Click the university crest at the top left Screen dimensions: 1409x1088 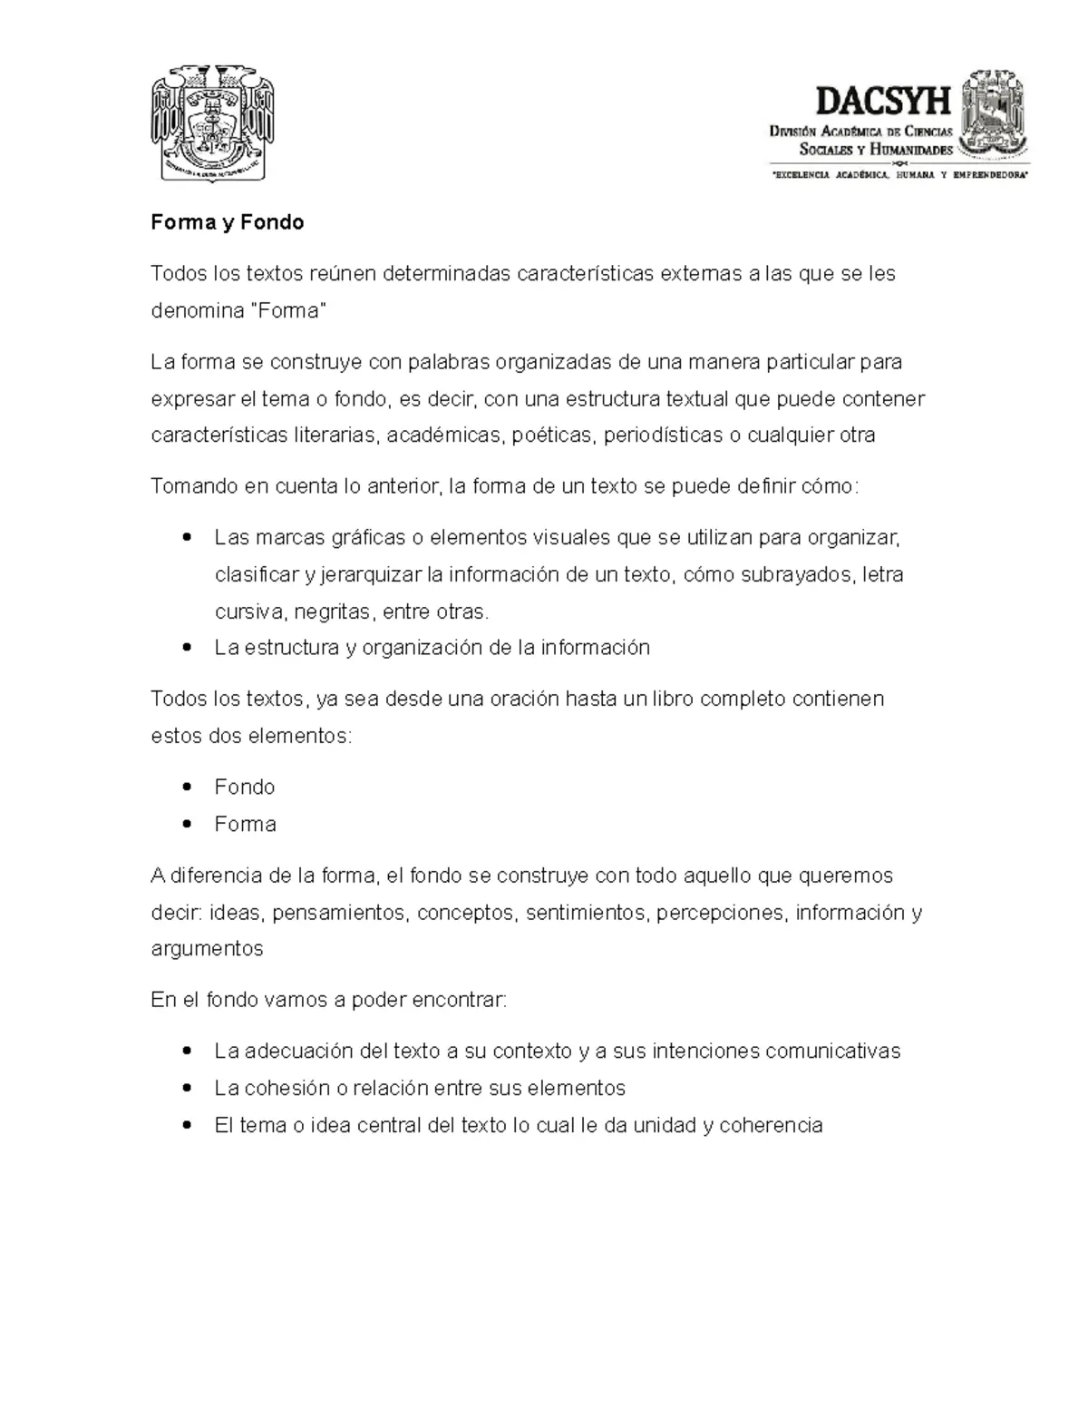click(213, 122)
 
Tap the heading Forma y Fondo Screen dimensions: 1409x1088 click(228, 222)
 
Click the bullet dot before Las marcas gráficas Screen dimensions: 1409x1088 click(187, 537)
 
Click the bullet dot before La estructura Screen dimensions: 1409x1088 click(187, 648)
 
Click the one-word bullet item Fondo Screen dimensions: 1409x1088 click(245, 787)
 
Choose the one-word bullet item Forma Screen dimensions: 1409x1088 click(245, 824)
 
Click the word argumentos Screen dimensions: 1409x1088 click(207, 949)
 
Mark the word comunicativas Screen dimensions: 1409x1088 click(832, 1051)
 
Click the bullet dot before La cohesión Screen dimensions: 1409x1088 click(187, 1088)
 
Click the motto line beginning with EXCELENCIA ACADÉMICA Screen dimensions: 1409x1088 click(899, 173)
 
